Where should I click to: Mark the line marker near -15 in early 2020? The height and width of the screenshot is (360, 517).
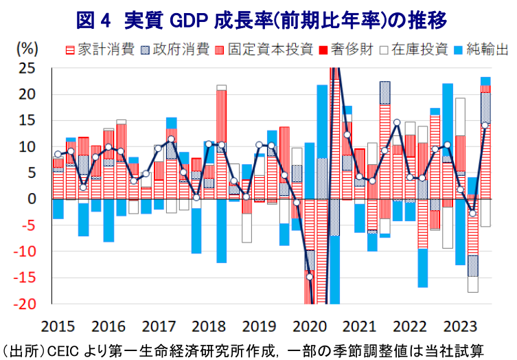[310, 277]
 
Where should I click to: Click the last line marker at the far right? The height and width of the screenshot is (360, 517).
[485, 125]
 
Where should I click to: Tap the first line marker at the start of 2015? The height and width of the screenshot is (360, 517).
[58, 155]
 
